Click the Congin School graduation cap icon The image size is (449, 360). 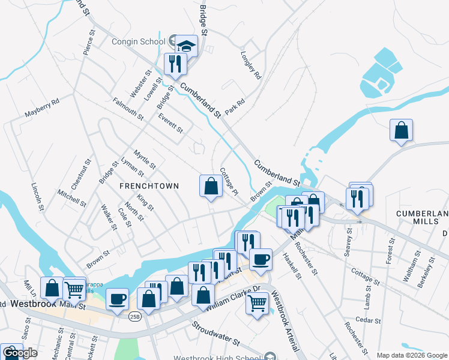click(x=187, y=45)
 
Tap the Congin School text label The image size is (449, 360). click(x=138, y=42)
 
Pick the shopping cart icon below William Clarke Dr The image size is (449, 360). click(x=257, y=303)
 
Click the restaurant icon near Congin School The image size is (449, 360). click(x=175, y=64)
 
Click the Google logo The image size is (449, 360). click(x=19, y=353)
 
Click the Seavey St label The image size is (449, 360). click(x=348, y=243)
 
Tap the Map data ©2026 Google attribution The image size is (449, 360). click(x=412, y=355)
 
